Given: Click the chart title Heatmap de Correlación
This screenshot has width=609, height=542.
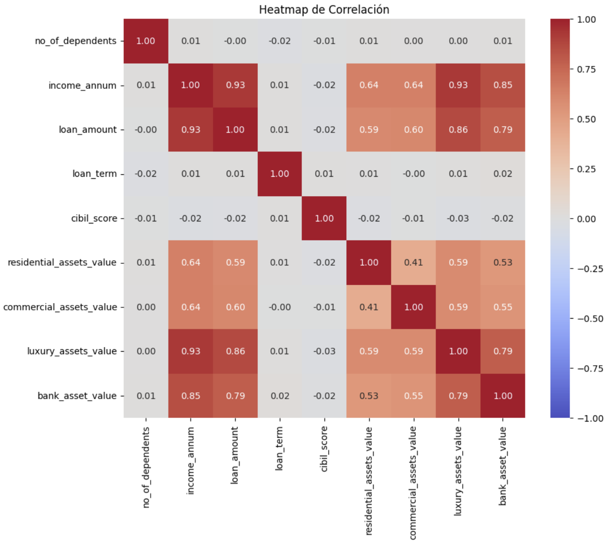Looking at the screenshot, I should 324,10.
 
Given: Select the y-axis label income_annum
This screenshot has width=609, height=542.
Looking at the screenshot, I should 82,85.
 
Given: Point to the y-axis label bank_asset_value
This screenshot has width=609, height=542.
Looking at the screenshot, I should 77,396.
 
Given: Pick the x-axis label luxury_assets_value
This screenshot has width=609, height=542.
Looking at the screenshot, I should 458,471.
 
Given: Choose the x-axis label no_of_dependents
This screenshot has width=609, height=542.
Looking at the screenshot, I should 146,467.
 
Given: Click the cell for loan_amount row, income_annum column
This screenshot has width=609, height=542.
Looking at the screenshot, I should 190,130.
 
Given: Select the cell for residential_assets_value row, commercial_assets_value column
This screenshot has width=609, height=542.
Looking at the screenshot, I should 413,262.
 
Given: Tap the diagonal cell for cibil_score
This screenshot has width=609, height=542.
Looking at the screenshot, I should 324,219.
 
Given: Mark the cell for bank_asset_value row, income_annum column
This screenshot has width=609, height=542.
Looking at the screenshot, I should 190,396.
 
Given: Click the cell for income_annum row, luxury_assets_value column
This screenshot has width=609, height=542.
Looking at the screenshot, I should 458,85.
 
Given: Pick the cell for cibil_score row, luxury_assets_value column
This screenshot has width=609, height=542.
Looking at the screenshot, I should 458,219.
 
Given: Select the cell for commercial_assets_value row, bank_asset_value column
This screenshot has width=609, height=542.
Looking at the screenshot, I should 503,307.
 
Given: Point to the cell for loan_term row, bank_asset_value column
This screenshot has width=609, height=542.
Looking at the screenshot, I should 503,174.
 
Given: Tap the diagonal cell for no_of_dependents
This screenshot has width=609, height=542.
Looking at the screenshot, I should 146,41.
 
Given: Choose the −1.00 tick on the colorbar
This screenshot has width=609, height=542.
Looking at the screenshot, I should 590,419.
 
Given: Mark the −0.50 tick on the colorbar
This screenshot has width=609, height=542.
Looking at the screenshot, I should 590,319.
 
